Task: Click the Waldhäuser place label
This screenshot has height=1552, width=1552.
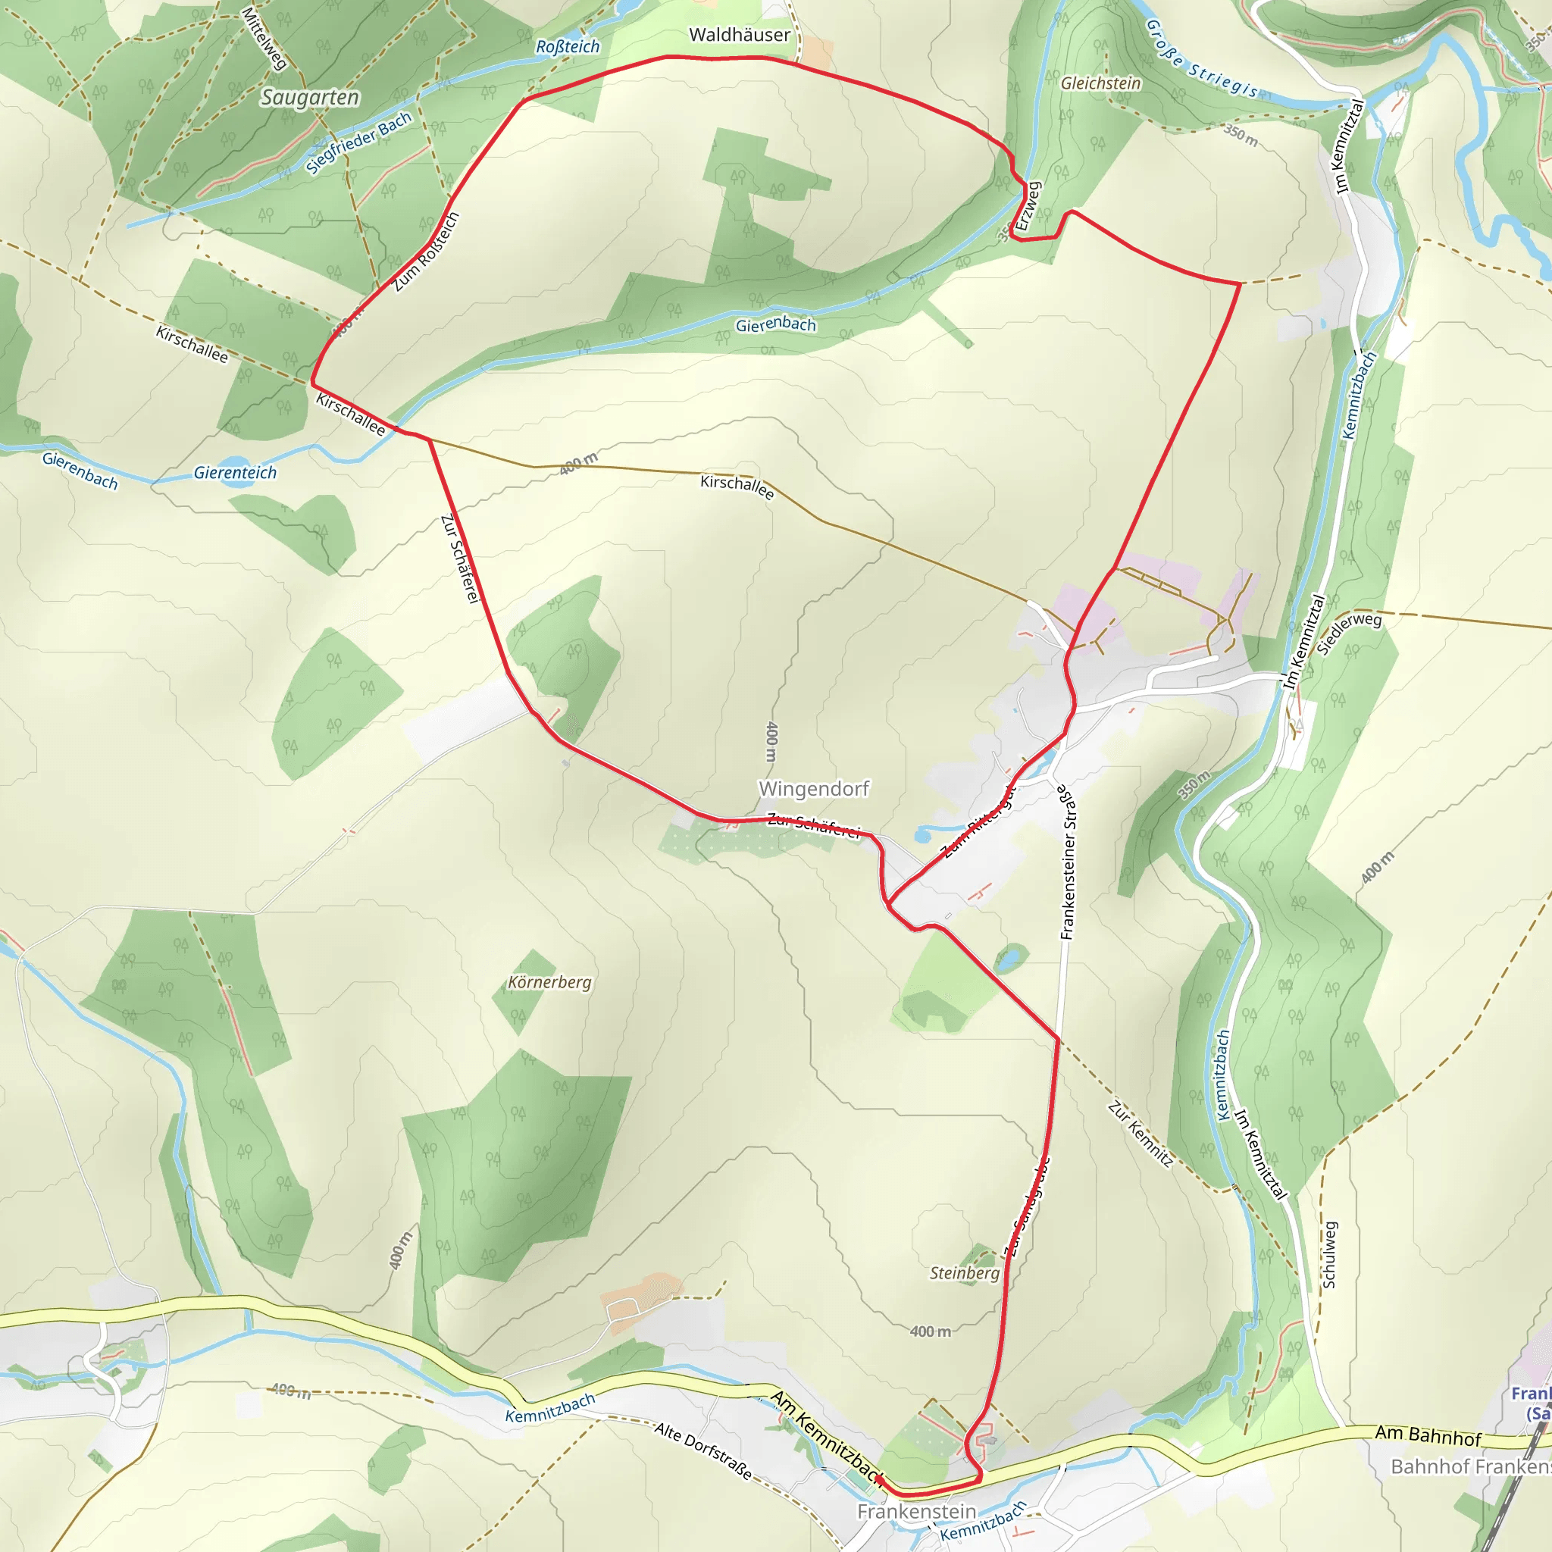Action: point(739,36)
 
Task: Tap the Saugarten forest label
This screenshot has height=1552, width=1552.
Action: point(309,98)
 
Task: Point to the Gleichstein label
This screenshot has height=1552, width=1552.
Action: point(1100,83)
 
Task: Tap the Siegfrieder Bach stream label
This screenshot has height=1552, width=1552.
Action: point(358,142)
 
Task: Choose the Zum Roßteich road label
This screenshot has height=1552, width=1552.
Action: point(426,252)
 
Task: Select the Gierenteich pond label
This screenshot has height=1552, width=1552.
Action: point(235,473)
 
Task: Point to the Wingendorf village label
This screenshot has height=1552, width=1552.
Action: point(814,789)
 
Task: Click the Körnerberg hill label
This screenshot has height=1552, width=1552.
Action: point(549,982)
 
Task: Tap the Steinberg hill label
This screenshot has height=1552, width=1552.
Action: point(964,1273)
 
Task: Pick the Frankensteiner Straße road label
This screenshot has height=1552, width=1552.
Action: point(1067,862)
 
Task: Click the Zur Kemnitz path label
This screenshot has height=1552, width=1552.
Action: point(1140,1134)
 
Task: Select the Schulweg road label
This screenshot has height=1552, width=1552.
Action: point(1329,1255)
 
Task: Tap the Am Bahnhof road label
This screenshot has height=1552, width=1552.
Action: point(1428,1435)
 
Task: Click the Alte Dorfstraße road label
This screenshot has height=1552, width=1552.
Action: point(703,1450)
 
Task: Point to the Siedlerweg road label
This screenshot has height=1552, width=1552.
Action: point(1349,632)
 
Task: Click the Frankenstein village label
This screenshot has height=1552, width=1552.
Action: point(917,1511)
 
